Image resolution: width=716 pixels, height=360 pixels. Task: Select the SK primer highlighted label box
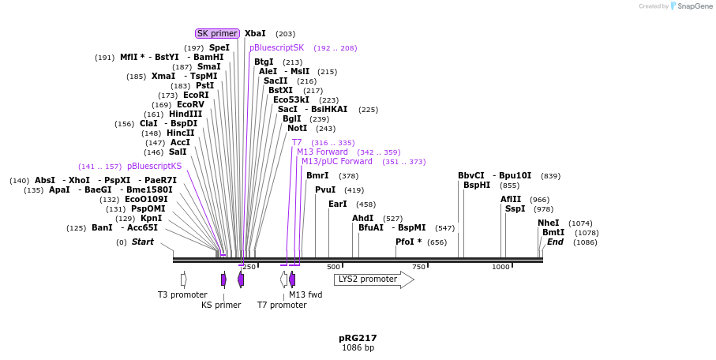[x=217, y=34]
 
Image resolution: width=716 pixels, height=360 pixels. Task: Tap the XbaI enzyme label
[x=255, y=34]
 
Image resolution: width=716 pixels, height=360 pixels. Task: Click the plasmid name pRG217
[x=358, y=338]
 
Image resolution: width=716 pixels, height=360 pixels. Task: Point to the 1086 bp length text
[x=358, y=347]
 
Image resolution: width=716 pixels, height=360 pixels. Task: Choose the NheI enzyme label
[x=548, y=223]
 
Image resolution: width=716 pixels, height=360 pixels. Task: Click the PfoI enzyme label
[x=408, y=242]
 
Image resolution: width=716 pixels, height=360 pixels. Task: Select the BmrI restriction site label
[x=317, y=176]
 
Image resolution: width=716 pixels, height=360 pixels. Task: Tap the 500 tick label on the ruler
[x=333, y=267]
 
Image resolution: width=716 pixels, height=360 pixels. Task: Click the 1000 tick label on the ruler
[x=500, y=267]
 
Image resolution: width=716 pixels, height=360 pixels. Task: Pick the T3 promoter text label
[x=182, y=295]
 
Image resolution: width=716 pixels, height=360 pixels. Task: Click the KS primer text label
[x=221, y=305]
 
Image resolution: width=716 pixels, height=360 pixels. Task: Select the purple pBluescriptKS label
[x=154, y=167]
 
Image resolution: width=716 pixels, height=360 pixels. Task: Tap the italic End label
[x=555, y=242]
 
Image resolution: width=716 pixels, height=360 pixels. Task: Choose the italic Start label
[x=143, y=242]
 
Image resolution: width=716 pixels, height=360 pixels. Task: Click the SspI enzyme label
[x=515, y=209]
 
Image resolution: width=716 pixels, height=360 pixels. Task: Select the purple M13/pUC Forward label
[x=337, y=162]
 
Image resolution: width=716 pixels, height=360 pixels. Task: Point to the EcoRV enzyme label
[x=190, y=105]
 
